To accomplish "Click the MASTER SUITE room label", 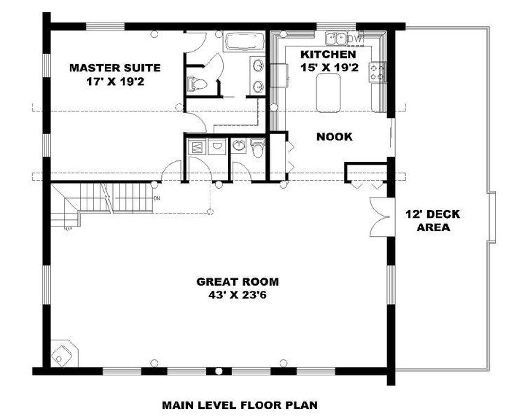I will (115, 68).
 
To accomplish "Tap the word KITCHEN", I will (328, 53).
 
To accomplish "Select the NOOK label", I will (334, 137).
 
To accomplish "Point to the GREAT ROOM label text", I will (237, 281).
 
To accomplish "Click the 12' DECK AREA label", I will (433, 214).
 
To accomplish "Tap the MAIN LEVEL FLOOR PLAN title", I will (240, 404).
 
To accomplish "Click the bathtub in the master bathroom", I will (244, 41).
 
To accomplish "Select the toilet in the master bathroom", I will (197, 84).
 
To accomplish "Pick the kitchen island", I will (328, 93).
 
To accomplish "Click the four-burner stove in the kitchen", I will (378, 72).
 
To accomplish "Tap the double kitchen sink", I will (336, 37).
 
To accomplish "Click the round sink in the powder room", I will (239, 145).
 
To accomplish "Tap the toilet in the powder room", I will (258, 147).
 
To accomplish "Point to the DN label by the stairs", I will (157, 198).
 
